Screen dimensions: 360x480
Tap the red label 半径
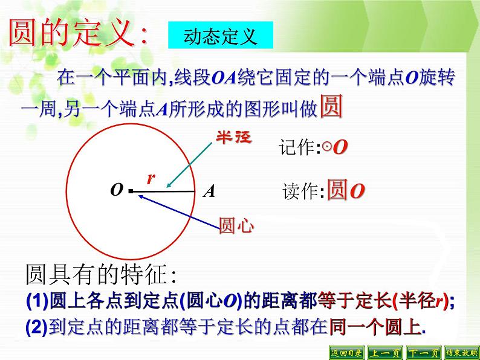click(233, 137)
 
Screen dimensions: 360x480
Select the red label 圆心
click(236, 227)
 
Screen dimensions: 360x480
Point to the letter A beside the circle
click(209, 192)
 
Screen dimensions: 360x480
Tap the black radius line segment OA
click(163, 193)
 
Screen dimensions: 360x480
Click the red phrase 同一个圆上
click(375, 327)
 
